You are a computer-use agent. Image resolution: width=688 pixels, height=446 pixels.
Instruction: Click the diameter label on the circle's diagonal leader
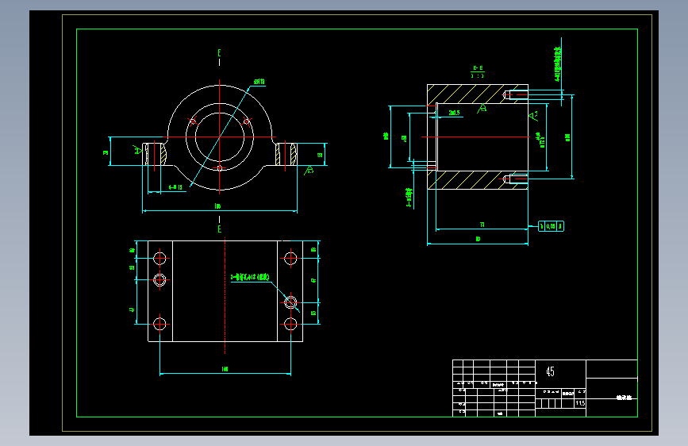(259, 82)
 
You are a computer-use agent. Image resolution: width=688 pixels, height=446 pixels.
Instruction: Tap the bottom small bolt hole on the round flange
(219, 168)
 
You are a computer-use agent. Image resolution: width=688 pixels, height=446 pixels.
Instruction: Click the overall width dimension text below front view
(218, 207)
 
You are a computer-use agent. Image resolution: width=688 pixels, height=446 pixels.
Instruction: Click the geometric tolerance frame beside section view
(552, 226)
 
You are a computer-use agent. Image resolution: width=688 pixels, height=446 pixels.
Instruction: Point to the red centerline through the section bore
(476, 137)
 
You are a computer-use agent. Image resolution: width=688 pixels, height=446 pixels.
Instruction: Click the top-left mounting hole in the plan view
(160, 258)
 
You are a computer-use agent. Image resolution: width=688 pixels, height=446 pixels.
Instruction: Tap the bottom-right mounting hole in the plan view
(290, 324)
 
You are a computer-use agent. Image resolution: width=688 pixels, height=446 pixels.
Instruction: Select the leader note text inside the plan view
(251, 278)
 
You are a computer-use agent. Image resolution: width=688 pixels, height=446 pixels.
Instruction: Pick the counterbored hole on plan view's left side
(160, 279)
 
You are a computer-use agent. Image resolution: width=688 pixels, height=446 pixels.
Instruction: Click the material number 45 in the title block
(551, 371)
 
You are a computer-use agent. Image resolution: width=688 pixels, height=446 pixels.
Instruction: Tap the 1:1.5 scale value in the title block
(579, 403)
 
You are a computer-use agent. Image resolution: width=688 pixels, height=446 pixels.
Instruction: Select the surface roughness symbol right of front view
(309, 169)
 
